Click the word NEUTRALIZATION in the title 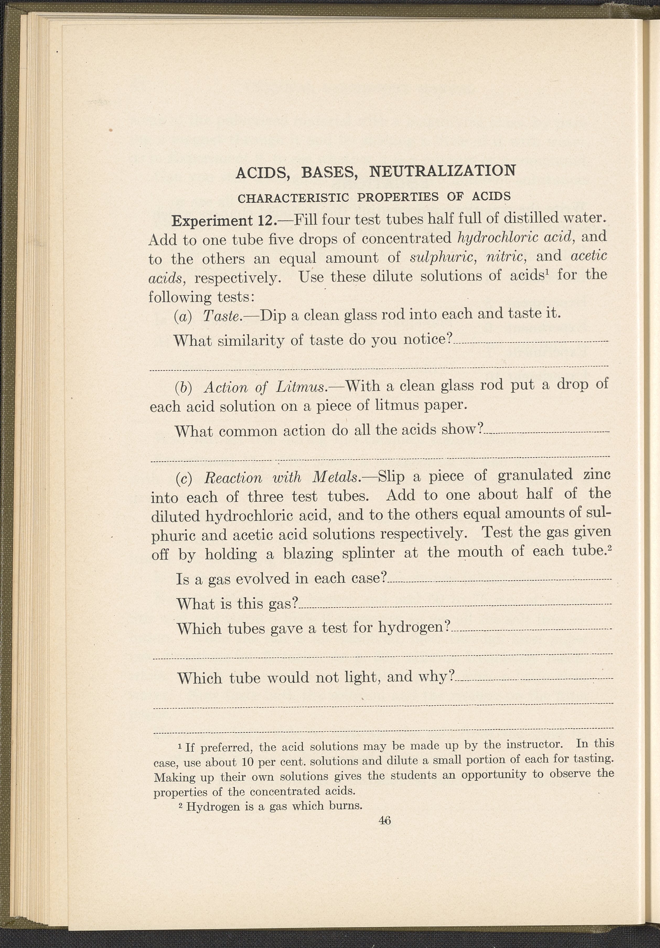442,171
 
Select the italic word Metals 337,477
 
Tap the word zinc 596,475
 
